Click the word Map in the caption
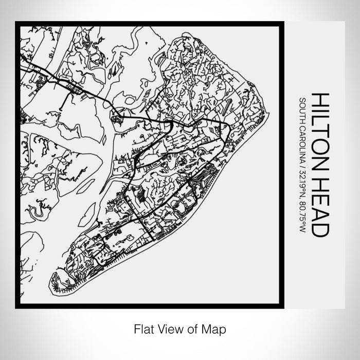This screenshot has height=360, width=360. [215, 328]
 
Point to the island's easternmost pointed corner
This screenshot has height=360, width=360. [268, 114]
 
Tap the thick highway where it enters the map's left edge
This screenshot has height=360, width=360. [22, 68]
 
